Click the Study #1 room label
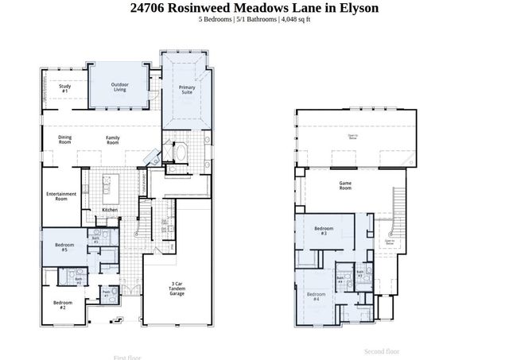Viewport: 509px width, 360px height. tap(64, 89)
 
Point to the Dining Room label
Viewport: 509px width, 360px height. tap(64, 140)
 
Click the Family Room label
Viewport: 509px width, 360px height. tap(113, 140)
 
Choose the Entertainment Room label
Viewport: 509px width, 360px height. tap(61, 195)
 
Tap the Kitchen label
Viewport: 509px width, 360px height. tap(110, 210)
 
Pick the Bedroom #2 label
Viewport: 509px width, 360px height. tap(64, 304)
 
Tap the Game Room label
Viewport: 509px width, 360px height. tap(345, 186)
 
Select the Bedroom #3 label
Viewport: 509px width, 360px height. tap(324, 231)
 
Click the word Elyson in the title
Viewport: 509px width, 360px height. tap(356, 8)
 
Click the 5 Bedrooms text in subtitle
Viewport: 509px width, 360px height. tap(216, 20)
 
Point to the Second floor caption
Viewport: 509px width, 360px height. tap(382, 350)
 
